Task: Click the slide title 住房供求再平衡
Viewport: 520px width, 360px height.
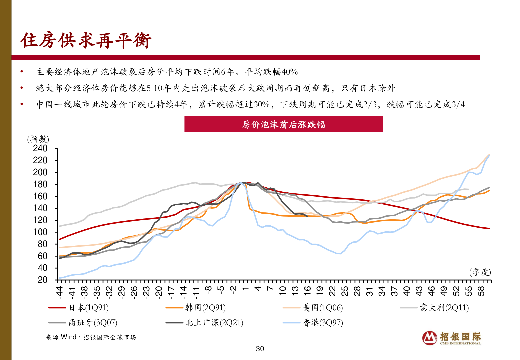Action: click(86, 41)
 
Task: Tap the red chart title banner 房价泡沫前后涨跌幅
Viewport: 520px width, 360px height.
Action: click(283, 124)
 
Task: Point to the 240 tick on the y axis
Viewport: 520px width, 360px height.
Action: click(40, 148)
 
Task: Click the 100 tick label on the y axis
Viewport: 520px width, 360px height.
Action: click(40, 232)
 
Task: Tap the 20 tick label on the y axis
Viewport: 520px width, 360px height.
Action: click(42, 280)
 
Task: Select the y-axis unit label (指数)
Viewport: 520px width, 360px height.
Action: click(38, 139)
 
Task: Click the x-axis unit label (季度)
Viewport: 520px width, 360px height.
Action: click(480, 272)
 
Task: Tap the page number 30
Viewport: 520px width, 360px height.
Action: click(260, 349)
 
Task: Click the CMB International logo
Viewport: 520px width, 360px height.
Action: click(451, 338)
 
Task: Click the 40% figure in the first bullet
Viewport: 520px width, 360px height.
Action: click(290, 72)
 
